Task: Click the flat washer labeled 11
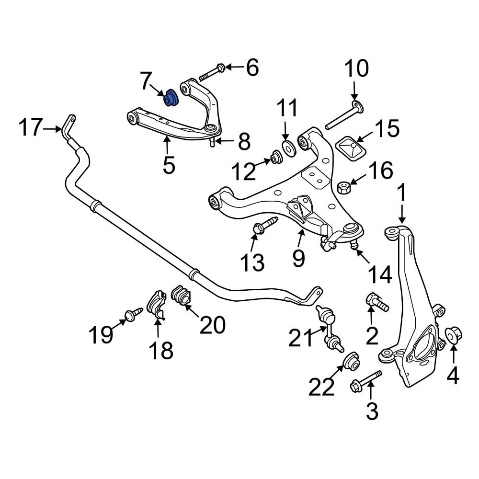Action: pos(288,148)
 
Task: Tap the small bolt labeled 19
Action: pos(133,314)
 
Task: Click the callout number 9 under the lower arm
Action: pos(298,258)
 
